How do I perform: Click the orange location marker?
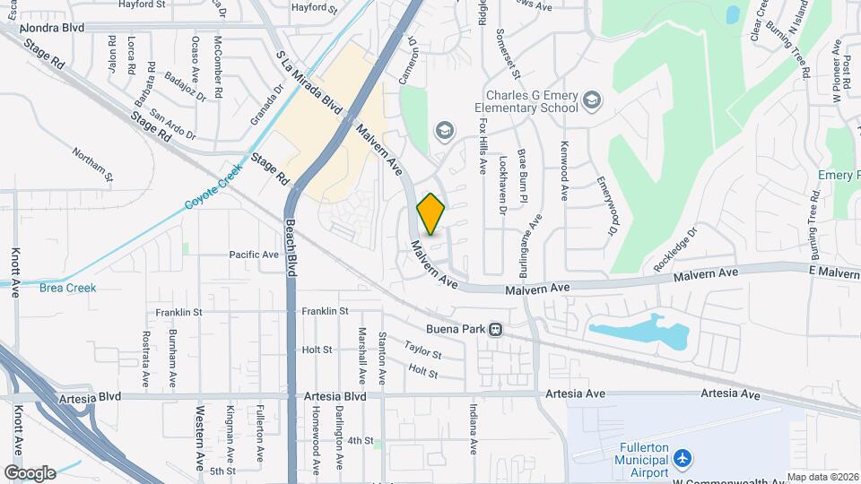(x=430, y=214)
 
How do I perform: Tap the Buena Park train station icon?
(x=495, y=329)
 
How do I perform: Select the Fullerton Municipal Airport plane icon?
(x=683, y=460)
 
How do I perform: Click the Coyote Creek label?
(x=214, y=186)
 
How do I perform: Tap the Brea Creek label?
(x=67, y=288)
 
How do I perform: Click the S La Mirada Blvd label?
(x=310, y=82)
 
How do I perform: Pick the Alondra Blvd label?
(x=54, y=28)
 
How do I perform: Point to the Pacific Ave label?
(x=254, y=255)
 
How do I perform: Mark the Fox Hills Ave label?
(x=482, y=146)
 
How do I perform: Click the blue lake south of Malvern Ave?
(x=639, y=332)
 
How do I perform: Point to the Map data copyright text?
(x=822, y=477)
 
